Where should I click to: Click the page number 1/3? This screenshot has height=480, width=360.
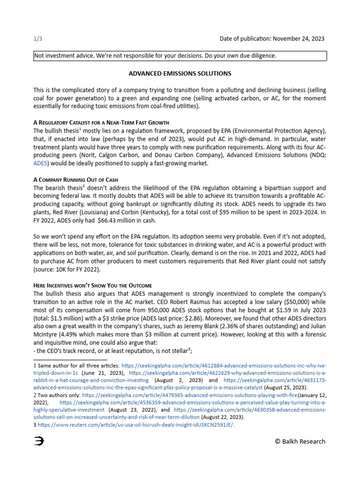point(37,38)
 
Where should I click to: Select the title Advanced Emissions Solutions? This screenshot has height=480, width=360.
point(180,74)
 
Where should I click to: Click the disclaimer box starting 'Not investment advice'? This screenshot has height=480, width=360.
point(180,56)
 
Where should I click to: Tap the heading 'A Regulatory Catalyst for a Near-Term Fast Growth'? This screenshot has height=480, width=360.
point(101,122)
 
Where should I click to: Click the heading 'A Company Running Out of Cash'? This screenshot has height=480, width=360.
point(75,180)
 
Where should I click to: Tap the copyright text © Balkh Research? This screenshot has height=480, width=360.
point(300,441)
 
